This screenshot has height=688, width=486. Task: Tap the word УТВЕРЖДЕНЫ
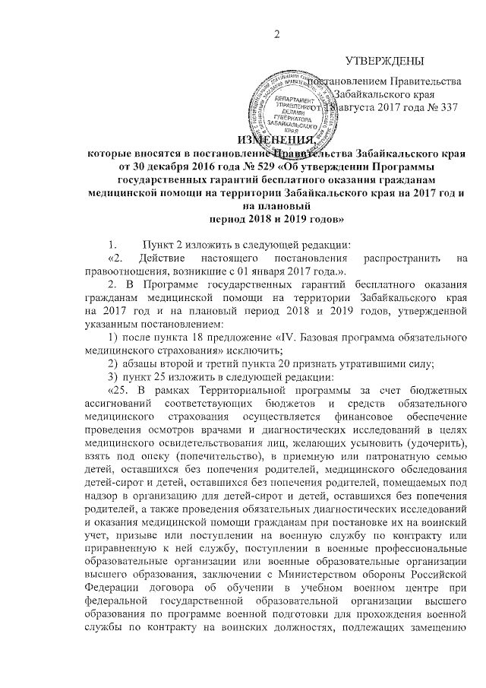pyautogui.click(x=383, y=60)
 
